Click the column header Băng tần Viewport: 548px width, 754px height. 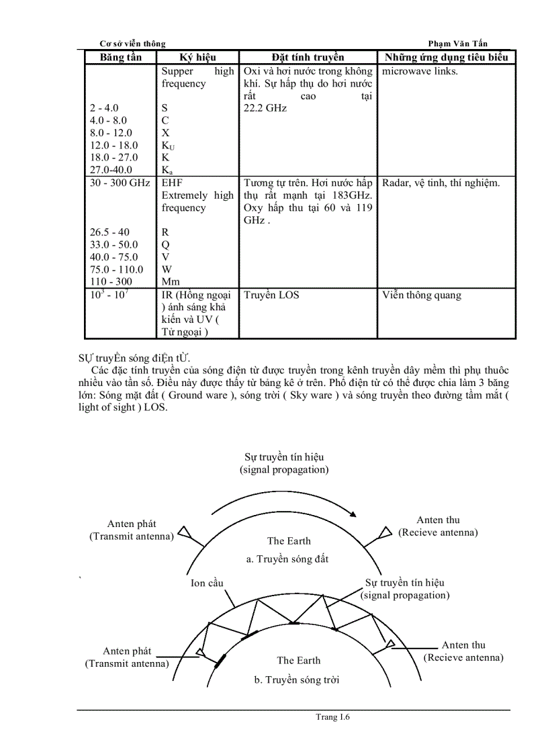point(121,58)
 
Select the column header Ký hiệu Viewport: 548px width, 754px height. point(198,58)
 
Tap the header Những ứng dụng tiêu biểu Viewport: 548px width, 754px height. point(446,58)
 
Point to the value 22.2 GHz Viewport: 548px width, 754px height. point(265,108)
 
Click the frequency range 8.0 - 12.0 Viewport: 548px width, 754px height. point(111,133)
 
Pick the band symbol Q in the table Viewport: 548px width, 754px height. point(165,245)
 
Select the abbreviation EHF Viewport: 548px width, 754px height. point(172,183)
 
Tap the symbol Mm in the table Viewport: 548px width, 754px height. point(169,282)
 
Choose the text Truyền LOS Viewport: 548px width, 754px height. point(271,295)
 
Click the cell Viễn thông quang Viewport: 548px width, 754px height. point(421,295)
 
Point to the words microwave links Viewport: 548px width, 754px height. point(420,71)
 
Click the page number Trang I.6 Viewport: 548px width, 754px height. point(333,717)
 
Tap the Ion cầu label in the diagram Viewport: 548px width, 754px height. point(207,583)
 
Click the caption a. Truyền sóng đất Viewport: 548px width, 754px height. point(287,559)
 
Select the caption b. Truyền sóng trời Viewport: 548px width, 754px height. point(296,680)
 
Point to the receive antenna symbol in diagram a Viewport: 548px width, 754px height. point(385,532)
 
